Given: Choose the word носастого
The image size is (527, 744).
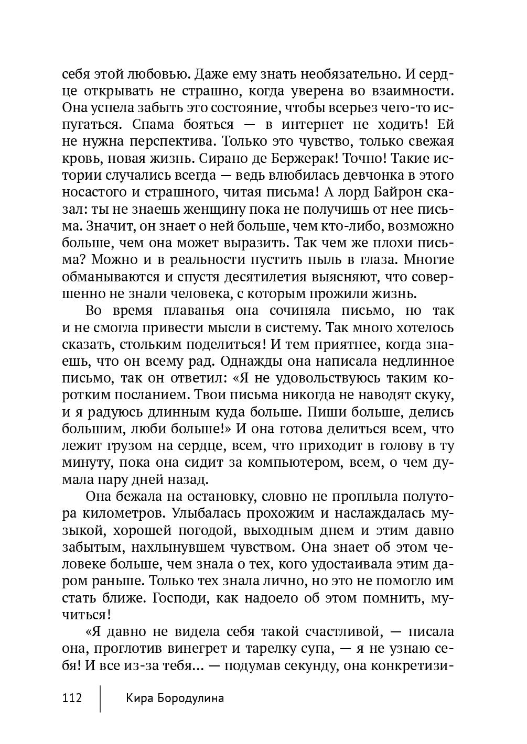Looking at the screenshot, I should [96, 192].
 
